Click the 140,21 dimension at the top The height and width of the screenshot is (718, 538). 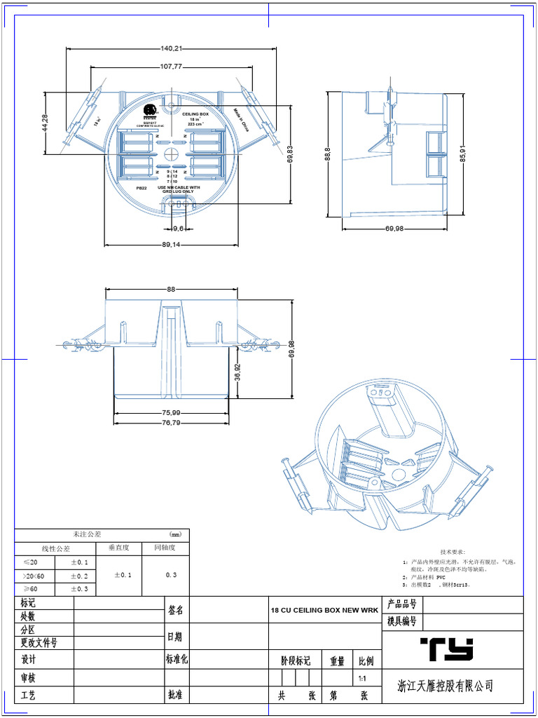[x=172, y=48]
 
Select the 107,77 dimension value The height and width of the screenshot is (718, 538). [x=172, y=67]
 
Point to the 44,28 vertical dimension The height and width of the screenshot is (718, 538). [x=46, y=123]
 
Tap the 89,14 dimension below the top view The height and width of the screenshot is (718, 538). [x=170, y=245]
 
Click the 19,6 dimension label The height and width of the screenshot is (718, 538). [x=179, y=229]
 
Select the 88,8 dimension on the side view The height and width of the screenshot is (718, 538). [x=328, y=153]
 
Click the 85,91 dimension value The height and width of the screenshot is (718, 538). [x=462, y=154]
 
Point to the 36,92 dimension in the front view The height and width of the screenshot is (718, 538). [x=237, y=372]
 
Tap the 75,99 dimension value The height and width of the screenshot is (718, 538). [x=172, y=412]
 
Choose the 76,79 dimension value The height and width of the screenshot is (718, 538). [x=172, y=423]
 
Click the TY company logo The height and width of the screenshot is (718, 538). [x=446, y=650]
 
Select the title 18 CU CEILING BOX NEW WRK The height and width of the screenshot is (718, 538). [x=324, y=611]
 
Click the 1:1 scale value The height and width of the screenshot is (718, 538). [x=362, y=679]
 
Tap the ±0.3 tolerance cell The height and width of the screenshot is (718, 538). [x=78, y=589]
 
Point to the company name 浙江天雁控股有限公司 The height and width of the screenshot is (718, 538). [x=445, y=686]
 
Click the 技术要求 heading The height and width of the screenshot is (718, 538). [x=453, y=553]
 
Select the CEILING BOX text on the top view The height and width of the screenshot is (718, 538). [x=195, y=114]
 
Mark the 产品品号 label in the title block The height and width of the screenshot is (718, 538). [x=402, y=604]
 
